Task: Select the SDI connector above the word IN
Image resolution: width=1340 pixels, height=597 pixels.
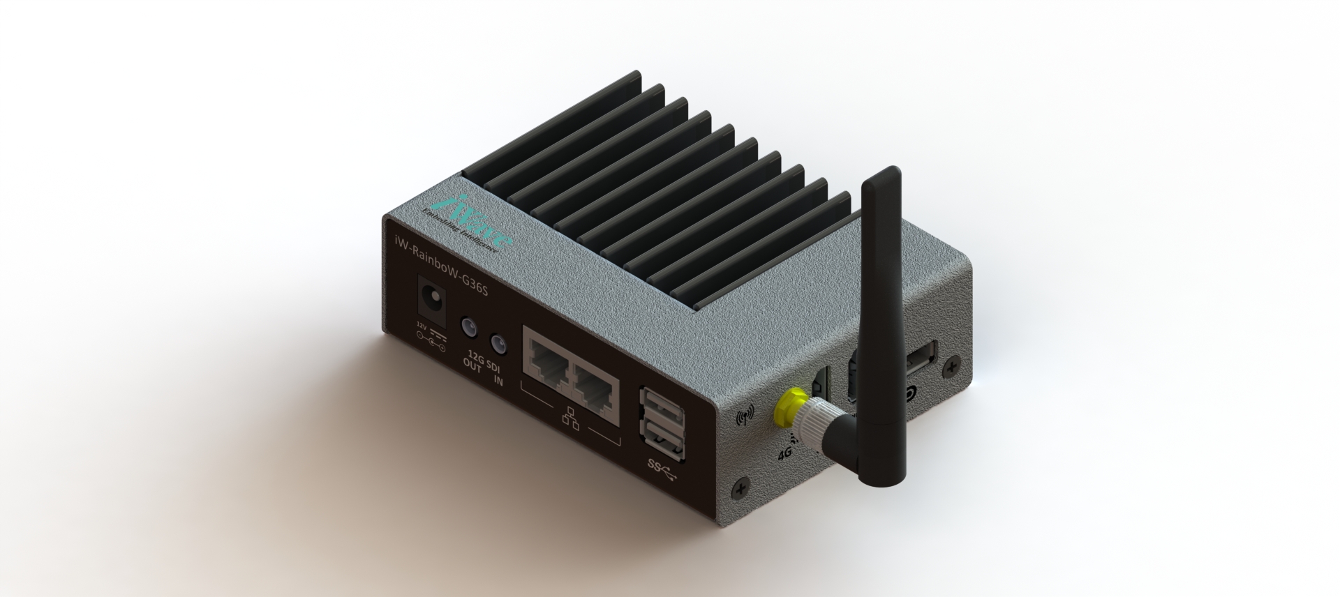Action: pos(498,343)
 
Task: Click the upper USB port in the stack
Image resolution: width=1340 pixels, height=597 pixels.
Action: pos(661,408)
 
